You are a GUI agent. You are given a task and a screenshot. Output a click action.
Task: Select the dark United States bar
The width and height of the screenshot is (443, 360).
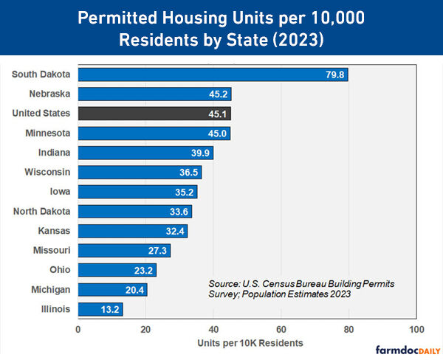(x=154, y=114)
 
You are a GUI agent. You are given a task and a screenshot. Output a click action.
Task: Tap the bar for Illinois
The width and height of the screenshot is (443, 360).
(x=100, y=309)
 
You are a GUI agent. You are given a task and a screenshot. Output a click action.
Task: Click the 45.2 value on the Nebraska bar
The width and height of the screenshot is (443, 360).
(x=218, y=94)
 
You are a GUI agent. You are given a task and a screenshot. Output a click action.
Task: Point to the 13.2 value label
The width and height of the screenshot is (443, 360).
(x=109, y=309)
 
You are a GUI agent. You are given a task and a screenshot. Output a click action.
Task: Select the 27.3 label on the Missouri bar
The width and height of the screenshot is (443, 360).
(x=157, y=251)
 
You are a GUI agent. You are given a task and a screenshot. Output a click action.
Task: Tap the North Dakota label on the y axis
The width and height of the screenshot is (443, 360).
(x=42, y=212)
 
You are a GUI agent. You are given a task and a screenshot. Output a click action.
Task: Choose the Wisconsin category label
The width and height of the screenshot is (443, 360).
(x=47, y=173)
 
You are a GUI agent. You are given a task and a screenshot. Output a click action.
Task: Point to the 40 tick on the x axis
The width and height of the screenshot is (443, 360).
(x=213, y=329)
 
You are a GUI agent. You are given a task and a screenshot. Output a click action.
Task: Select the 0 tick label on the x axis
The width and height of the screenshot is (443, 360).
(x=78, y=329)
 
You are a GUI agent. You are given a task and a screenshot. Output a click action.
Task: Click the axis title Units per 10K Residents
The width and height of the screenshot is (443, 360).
(x=250, y=343)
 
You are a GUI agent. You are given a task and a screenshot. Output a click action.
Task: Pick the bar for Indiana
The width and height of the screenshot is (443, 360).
(x=145, y=153)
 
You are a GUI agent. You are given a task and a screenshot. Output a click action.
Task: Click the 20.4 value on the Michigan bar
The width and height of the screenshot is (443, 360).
(x=134, y=290)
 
